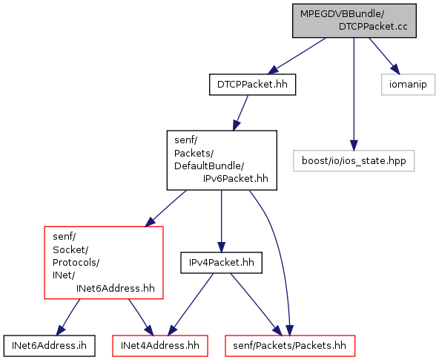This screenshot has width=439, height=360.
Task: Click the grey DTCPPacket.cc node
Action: pos(354,21)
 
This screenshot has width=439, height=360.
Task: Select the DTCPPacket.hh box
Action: pos(252,85)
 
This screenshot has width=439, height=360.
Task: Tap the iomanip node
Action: pos(408,85)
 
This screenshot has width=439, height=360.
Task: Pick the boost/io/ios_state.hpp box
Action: pos(354,161)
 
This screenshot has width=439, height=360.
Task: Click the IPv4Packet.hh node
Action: pos(221,263)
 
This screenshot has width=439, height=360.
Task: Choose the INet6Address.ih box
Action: pos(49,346)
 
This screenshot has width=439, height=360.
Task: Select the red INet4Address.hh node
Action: pos(160,346)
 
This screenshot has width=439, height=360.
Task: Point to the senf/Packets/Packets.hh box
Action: pos(290,346)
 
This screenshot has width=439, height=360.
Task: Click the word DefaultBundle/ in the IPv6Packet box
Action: pos(209,166)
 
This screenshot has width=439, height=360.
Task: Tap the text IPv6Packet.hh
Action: pos(236,178)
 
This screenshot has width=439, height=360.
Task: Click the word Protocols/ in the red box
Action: pos(76,263)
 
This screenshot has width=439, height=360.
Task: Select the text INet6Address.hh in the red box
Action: pos(116,288)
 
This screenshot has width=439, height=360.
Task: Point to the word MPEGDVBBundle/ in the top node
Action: pos(342,14)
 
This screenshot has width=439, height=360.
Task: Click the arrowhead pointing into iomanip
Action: pos(395,69)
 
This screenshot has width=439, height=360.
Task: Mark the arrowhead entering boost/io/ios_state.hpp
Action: pos(354,145)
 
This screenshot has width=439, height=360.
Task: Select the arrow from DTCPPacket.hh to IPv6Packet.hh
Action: pos(240,113)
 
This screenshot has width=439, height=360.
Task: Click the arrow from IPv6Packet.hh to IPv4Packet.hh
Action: pos(221,221)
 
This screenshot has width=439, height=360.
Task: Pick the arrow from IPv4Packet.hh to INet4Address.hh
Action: pos(191,304)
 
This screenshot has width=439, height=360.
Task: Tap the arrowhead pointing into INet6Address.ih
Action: pos(60,330)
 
